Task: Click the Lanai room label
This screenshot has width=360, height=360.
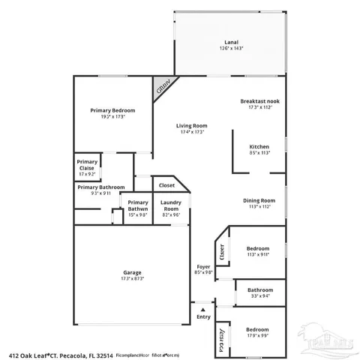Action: coord(232,42)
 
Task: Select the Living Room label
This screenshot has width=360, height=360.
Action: coord(192,125)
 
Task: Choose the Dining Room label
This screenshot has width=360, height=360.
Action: coord(259,200)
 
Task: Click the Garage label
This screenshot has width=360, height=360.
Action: coord(133,272)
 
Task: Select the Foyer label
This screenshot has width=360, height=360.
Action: coord(203,266)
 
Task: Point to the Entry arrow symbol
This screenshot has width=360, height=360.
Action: coord(202,308)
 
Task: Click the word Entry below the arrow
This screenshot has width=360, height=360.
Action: coord(203,317)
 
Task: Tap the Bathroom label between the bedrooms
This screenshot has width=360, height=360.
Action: coord(260,289)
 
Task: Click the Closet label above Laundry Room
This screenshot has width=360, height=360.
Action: coord(166,184)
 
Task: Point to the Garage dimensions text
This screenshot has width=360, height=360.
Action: coord(133,279)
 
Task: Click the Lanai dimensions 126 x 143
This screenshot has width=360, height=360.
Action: coord(232,49)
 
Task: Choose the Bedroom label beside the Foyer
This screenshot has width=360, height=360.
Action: coord(258,248)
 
